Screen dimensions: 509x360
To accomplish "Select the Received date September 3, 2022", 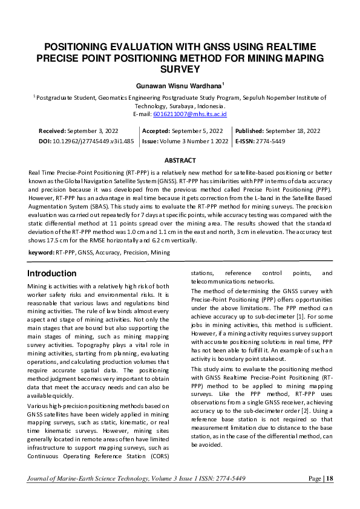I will tap(93, 131).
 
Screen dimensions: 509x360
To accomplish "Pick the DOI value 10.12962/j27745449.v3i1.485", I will tap(93, 141).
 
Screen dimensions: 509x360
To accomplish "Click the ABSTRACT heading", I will tap(180, 160).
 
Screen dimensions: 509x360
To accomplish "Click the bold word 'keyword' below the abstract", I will tap(41, 252).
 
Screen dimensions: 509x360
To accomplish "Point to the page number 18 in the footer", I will tap(329, 478).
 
